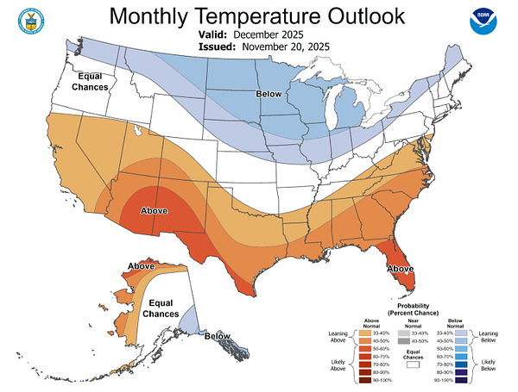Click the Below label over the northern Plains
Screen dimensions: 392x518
tap(268, 94)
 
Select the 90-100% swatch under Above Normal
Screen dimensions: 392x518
tap(378, 380)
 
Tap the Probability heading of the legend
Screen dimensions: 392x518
tap(414, 305)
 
